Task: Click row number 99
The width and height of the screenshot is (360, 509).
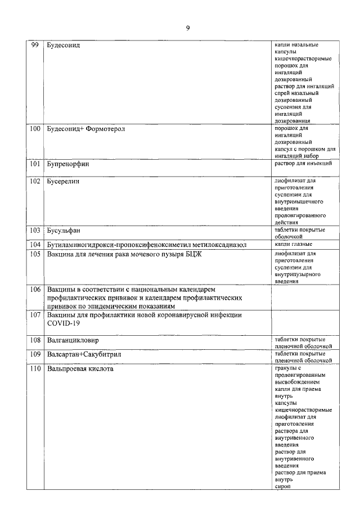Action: coord(34,45)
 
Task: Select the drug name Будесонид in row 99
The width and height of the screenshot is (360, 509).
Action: coord(64,45)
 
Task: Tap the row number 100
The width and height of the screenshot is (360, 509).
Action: coord(34,129)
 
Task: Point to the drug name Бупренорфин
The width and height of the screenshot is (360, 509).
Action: coord(69,164)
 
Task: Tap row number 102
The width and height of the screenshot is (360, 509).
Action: coord(34,181)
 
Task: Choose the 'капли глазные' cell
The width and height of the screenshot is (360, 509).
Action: coord(294,244)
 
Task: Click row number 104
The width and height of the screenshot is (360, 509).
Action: coord(34,245)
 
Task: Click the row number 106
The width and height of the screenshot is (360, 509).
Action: coord(34,289)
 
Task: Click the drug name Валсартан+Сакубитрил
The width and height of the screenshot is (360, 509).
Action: coord(84,355)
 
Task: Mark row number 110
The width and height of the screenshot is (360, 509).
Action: coord(34,369)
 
